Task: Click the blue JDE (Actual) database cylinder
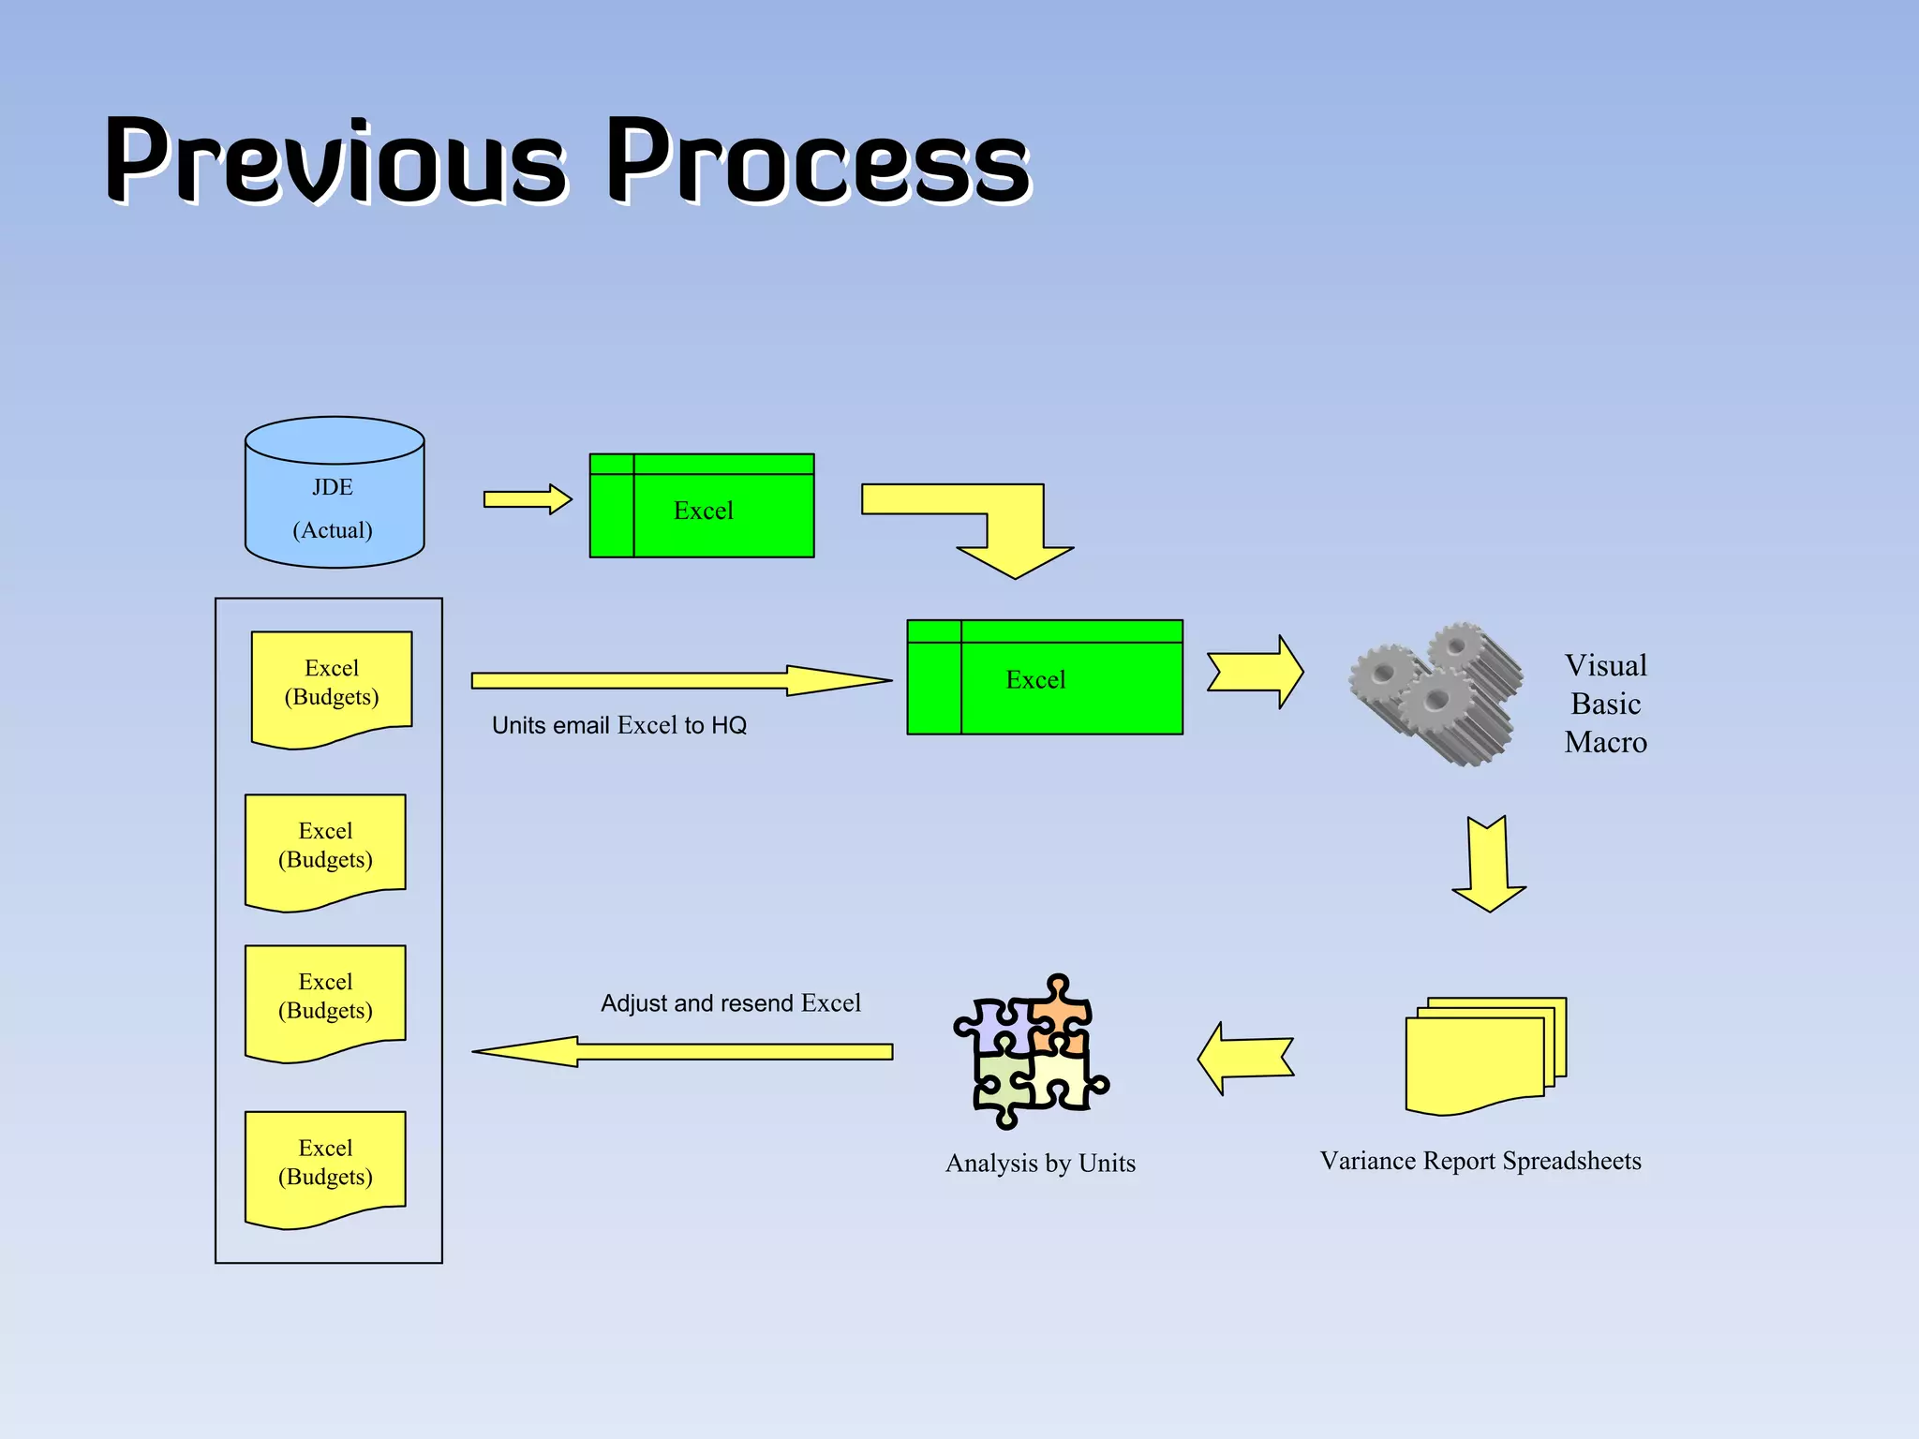coord(335,506)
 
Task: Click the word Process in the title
coord(819,161)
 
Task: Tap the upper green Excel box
coord(702,507)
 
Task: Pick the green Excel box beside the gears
coord(1045,678)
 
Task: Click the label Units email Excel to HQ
coord(619,725)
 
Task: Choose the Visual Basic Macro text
coord(1605,704)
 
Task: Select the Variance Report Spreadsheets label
coord(1480,1161)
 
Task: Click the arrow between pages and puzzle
coord(1245,1059)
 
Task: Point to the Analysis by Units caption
coord(1040,1163)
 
